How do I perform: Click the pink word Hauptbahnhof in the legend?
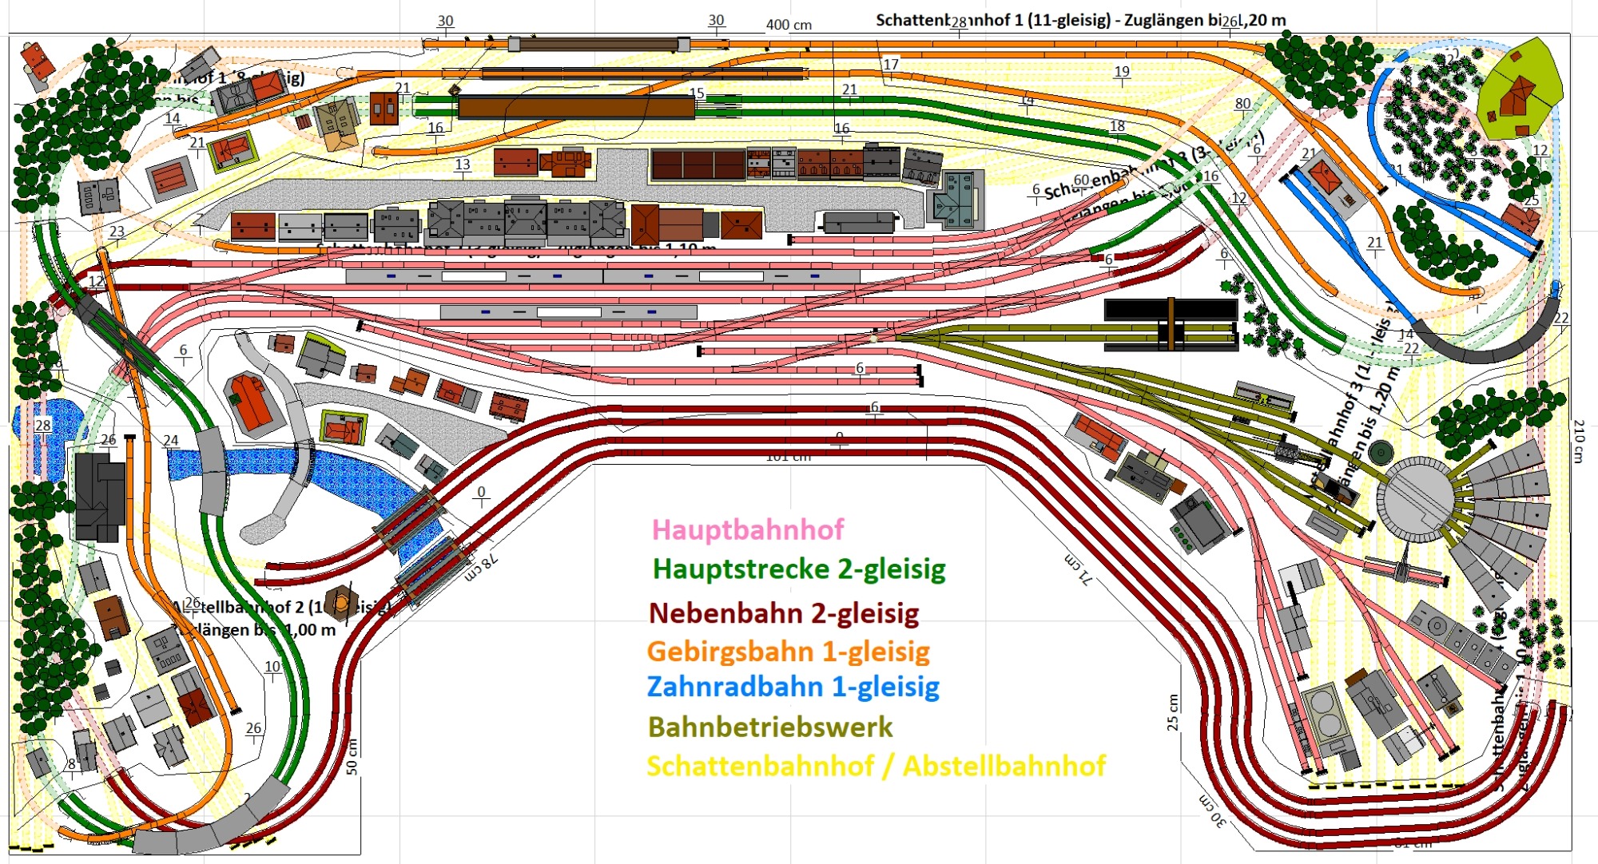[x=748, y=529]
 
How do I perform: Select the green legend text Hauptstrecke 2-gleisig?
[x=799, y=569]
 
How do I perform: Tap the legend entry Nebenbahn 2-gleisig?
[x=784, y=613]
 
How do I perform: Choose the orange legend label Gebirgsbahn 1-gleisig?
[x=788, y=651]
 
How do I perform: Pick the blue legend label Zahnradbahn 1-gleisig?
[x=793, y=687]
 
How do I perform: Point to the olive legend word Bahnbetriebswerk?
[x=770, y=727]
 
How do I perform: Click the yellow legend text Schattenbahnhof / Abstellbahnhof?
[x=876, y=766]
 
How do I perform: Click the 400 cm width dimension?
[x=789, y=25]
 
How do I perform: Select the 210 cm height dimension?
[x=1579, y=441]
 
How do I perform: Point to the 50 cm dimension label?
[x=352, y=755]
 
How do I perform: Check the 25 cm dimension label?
[x=1172, y=712]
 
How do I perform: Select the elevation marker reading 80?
[x=1242, y=104]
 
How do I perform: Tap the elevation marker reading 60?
[x=1081, y=180]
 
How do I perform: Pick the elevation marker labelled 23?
[x=117, y=232]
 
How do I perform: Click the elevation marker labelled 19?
[x=1122, y=71]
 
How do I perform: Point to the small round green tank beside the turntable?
[x=1380, y=453]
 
